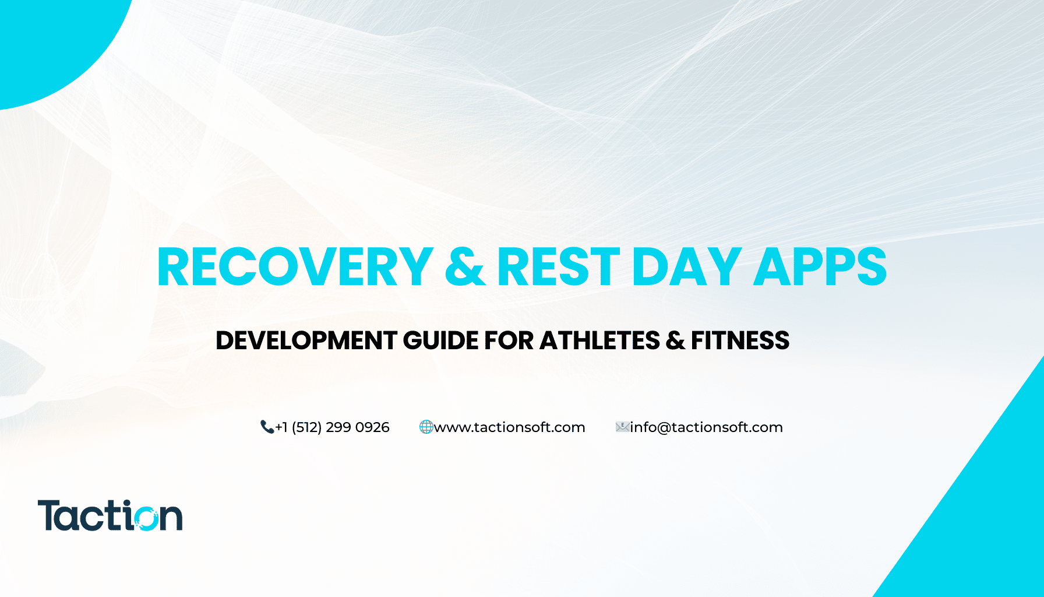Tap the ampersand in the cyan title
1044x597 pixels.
(x=465, y=267)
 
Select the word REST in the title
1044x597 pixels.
(x=558, y=267)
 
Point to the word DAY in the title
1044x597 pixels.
(x=686, y=267)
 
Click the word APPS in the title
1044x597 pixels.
(x=820, y=267)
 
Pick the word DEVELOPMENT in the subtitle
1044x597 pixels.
(x=306, y=340)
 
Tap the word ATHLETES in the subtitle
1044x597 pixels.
(x=599, y=340)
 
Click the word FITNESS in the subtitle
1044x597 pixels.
(x=740, y=340)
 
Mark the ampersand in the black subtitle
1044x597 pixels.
(x=675, y=340)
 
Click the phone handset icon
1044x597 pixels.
(x=267, y=427)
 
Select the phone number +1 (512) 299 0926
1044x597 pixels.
(x=332, y=427)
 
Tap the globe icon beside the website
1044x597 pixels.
(x=426, y=427)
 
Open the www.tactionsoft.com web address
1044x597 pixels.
(x=510, y=427)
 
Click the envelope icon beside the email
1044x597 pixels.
(x=622, y=427)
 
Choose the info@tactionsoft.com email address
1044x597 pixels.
(x=706, y=427)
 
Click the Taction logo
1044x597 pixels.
(x=110, y=515)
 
